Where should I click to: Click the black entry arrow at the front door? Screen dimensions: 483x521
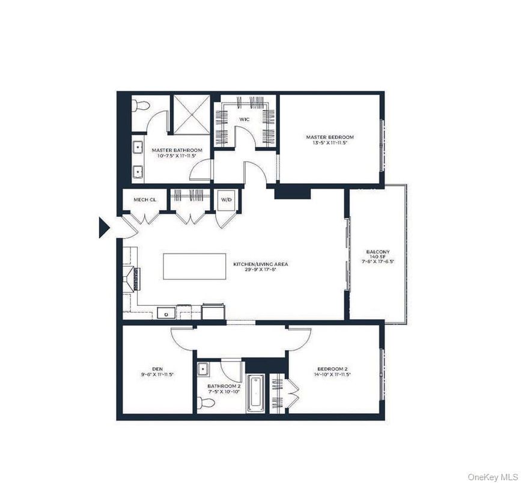coord(103,228)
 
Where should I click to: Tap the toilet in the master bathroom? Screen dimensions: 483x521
coord(141,106)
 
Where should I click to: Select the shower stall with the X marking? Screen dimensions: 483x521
coord(190,114)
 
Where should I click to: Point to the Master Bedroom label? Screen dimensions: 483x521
coord(330,137)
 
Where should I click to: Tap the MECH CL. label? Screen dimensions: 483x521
coord(140,199)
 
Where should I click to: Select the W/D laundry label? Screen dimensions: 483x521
coord(226,199)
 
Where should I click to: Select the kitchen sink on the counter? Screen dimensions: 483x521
coord(165,312)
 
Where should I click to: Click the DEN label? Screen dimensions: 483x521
coord(157,368)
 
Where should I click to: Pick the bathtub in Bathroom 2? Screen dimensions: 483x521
coord(255,393)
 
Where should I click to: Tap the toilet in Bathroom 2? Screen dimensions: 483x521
coord(204,402)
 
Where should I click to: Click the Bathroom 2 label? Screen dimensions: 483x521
coord(221,386)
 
